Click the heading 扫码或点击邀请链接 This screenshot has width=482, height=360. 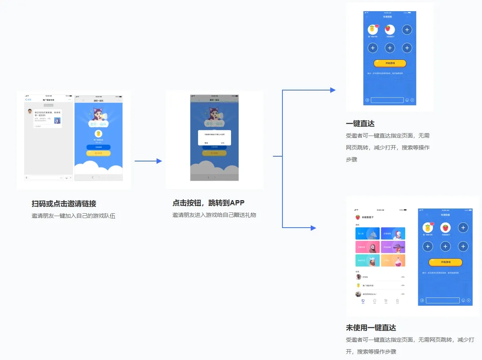(x=64, y=204)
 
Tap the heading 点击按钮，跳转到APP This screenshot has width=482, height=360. (x=208, y=203)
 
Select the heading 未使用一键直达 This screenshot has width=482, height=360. (x=371, y=328)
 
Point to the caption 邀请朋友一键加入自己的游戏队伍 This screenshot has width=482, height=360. (x=73, y=216)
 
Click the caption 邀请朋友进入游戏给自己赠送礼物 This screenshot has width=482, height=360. (x=214, y=215)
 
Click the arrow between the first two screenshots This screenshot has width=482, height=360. (x=148, y=161)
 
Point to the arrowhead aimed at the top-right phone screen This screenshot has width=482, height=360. (x=333, y=90)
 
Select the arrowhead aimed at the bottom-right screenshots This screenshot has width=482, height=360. (x=313, y=228)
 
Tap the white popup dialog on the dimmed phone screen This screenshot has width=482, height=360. (x=214, y=138)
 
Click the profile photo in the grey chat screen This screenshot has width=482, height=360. (x=30, y=111)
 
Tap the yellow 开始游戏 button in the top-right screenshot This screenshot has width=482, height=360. (x=390, y=63)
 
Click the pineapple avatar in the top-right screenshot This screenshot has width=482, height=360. (x=372, y=29)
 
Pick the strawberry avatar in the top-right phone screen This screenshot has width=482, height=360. (x=390, y=29)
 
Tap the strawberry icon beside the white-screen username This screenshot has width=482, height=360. (x=358, y=217)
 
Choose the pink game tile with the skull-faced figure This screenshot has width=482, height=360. (x=367, y=247)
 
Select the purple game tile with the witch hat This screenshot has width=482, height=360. (x=393, y=247)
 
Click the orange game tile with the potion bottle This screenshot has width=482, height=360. (x=393, y=260)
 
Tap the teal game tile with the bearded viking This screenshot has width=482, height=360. (x=367, y=260)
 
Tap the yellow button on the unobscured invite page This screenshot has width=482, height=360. (x=98, y=153)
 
